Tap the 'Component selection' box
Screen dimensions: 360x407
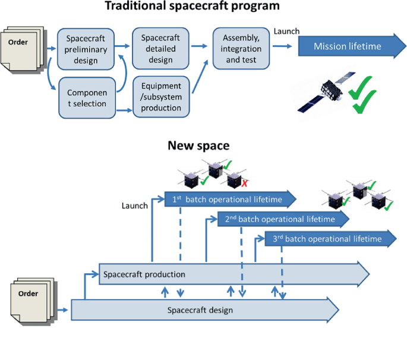pyautogui.click(x=85, y=99)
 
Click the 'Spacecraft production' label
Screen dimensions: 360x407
pyautogui.click(x=144, y=274)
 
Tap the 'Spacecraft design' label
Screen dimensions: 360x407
pyautogui.click(x=200, y=310)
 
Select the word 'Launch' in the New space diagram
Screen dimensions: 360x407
pyautogui.click(x=134, y=206)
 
